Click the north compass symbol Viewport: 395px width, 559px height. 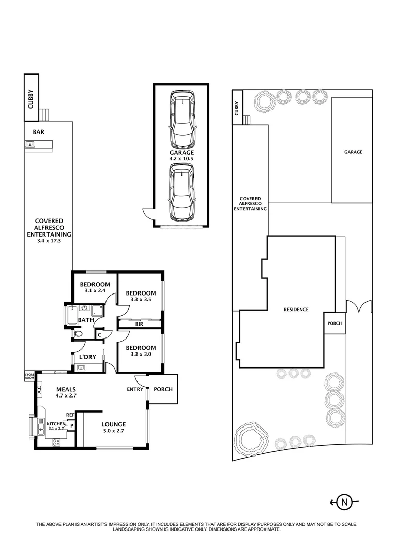coord(344,502)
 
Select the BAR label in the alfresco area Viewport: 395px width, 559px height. coord(39,132)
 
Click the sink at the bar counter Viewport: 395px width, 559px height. coord(30,144)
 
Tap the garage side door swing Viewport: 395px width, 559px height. coord(147,213)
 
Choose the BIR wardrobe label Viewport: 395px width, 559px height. coord(139,324)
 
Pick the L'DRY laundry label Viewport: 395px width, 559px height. coord(87,357)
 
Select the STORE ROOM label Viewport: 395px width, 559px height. coord(29,376)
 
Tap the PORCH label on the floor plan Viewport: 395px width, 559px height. coord(163,390)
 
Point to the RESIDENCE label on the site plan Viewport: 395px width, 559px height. coord(296,310)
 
